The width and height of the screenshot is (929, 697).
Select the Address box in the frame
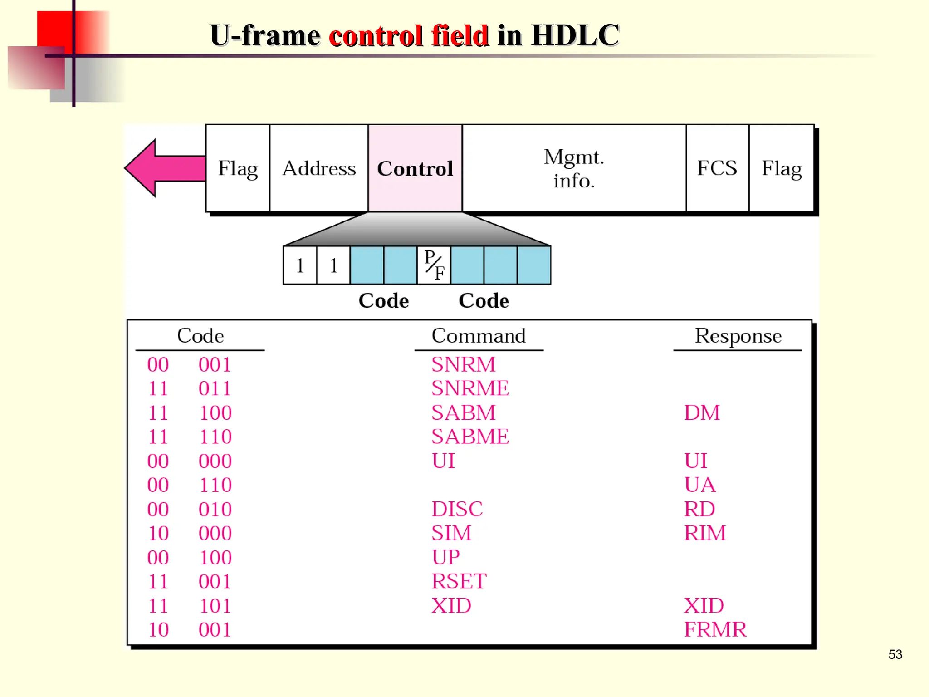point(319,168)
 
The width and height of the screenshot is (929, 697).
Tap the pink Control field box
point(415,168)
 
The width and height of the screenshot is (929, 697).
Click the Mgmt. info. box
point(574,168)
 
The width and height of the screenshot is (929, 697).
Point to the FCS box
point(717,168)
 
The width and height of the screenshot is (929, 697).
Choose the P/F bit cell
point(434,265)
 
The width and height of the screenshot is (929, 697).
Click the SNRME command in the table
point(470,388)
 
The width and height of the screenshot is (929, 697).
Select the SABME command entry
point(470,437)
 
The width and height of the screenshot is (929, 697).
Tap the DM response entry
point(702,412)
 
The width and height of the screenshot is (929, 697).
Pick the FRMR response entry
point(715,629)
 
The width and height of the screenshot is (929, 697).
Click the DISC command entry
point(457,509)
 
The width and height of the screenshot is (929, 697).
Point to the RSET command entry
point(459,581)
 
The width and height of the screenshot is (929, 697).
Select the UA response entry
point(699,485)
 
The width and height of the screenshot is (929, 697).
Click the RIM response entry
point(705,533)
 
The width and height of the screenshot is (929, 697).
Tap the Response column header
point(738,336)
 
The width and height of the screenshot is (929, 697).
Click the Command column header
point(479,336)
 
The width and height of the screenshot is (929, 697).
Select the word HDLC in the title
point(575,35)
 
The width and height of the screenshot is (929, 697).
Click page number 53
point(895,654)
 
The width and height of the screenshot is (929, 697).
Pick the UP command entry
point(445,557)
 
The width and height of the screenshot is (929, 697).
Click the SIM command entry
point(451,533)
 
